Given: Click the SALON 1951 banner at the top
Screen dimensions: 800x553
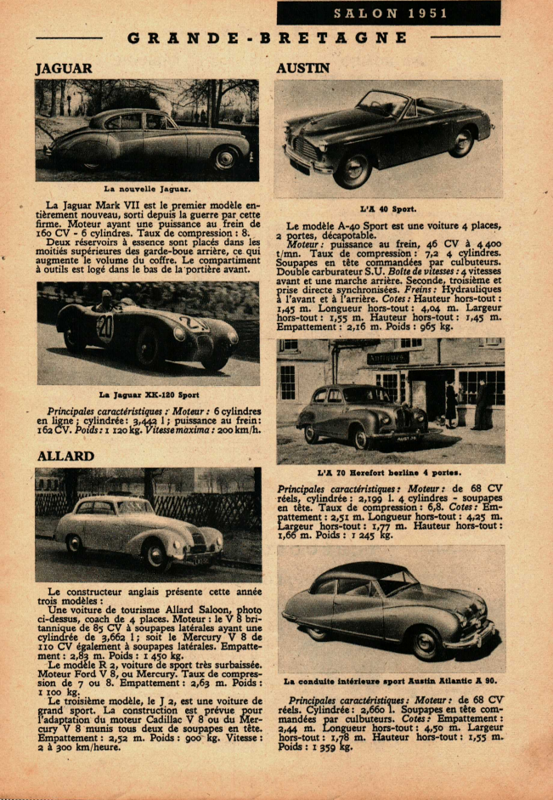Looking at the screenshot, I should click(388, 14).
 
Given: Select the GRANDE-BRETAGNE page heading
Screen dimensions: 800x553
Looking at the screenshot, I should click(268, 38).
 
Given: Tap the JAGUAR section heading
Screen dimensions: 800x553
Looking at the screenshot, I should click(64, 68).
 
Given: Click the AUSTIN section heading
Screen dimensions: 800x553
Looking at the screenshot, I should click(302, 68).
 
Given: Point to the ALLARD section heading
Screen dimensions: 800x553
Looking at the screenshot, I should click(65, 457).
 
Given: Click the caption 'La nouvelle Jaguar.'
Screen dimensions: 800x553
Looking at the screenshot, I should click(147, 189).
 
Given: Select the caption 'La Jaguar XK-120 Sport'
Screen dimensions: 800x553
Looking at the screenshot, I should click(150, 394).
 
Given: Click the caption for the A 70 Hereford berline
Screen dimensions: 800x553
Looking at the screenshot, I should click(389, 472).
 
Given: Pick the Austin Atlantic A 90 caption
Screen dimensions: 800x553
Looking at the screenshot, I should click(390, 681).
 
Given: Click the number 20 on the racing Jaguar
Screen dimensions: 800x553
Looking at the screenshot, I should click(104, 326).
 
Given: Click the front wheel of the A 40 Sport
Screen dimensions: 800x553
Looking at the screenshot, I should click(351, 170).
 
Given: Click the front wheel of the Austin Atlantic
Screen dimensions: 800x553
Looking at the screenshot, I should click(424, 643).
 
